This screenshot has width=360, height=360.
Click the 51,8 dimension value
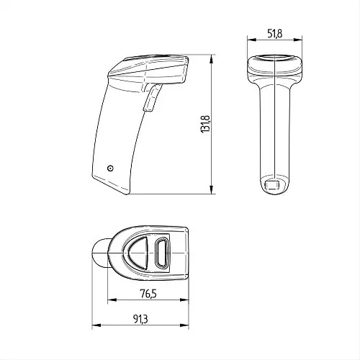click(x=275, y=33)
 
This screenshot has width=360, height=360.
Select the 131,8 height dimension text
click(x=205, y=124)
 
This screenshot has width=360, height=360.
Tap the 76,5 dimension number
click(x=148, y=293)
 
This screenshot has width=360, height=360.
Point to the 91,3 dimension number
click(x=140, y=319)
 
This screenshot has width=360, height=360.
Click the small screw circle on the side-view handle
click(x=110, y=168)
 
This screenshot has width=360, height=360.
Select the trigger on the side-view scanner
click(x=151, y=98)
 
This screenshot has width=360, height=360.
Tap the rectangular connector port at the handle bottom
click(x=272, y=185)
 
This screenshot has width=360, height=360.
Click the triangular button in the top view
click(x=138, y=253)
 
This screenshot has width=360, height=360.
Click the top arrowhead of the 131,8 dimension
click(x=211, y=59)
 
